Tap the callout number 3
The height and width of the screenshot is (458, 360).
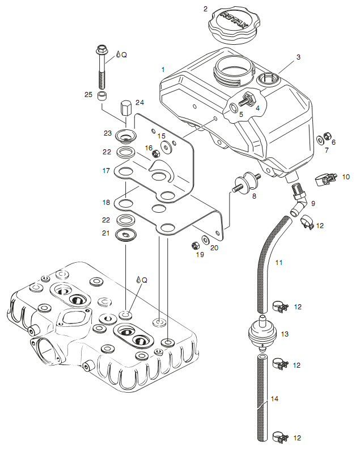[x=298, y=57]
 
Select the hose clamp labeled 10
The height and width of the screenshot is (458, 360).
[x=327, y=178]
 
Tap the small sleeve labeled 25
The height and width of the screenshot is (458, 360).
[x=102, y=96]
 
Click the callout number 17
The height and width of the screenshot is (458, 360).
[x=106, y=171]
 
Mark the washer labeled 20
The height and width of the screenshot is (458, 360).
[x=205, y=240]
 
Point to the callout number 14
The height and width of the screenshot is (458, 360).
[x=274, y=399]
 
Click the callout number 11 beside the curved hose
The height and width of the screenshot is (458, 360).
[x=279, y=263]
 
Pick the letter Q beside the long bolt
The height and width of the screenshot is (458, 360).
[x=124, y=55]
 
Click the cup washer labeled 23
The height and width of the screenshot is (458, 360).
[x=125, y=136]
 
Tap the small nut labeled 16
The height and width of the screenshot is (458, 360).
[x=155, y=153]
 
